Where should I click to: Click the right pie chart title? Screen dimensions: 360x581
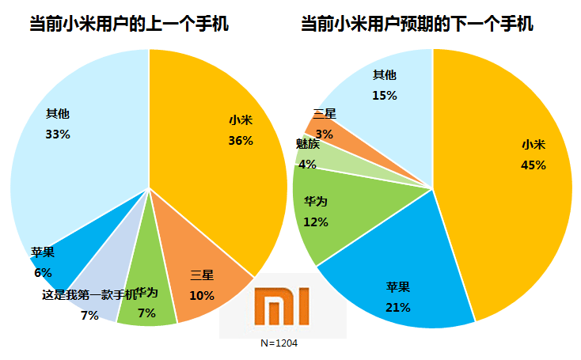point(416,25)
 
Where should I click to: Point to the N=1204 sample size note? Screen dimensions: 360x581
point(279,343)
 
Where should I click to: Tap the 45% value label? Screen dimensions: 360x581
point(534,165)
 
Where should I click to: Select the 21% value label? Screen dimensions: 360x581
point(397,306)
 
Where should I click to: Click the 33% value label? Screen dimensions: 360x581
point(58,134)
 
